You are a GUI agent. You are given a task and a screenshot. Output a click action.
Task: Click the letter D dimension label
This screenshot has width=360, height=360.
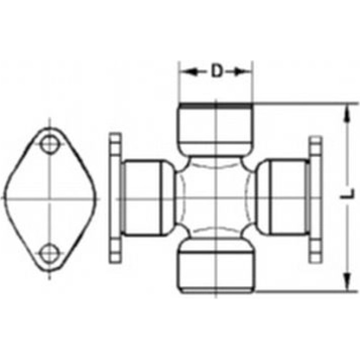217,71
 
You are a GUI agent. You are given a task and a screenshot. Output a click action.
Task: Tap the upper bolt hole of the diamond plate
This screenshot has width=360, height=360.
49,144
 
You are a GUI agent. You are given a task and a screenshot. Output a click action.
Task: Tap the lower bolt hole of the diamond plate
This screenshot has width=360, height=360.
49,253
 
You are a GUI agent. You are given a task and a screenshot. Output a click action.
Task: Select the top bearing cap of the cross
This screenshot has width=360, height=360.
216,129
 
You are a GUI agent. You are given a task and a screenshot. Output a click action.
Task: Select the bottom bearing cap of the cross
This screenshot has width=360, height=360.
216,266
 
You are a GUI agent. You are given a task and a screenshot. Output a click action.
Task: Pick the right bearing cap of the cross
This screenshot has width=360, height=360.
283,197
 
